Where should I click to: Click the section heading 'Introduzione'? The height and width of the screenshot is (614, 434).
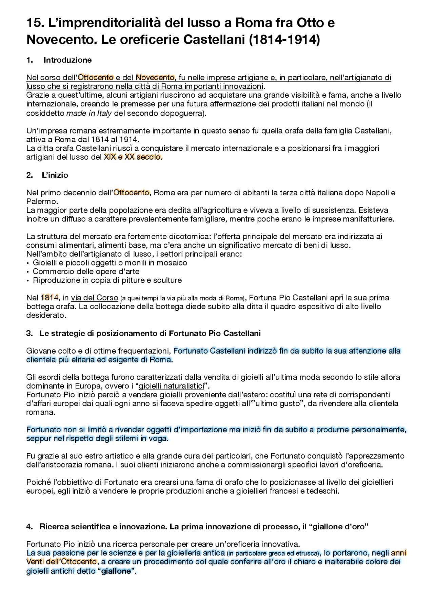(67, 60)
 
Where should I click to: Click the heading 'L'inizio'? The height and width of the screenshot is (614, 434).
(55, 175)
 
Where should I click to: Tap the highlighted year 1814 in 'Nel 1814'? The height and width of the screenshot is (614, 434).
(50, 298)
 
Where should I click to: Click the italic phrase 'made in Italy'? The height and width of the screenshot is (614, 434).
(89, 113)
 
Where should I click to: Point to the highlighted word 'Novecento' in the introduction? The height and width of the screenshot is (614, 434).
(155, 78)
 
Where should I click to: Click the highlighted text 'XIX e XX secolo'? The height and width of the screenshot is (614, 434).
(132, 157)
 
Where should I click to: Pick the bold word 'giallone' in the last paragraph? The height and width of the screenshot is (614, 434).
(116, 571)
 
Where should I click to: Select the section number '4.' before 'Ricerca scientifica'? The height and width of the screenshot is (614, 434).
(29, 527)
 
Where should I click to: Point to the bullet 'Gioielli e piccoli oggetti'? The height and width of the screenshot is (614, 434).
(110, 263)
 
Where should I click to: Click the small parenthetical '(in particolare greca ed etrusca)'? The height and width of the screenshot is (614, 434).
(273, 554)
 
